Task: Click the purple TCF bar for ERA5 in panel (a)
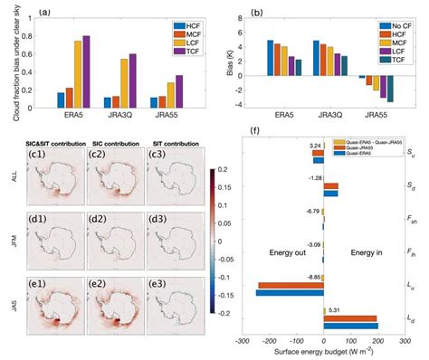pyautogui.click(x=86, y=72)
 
